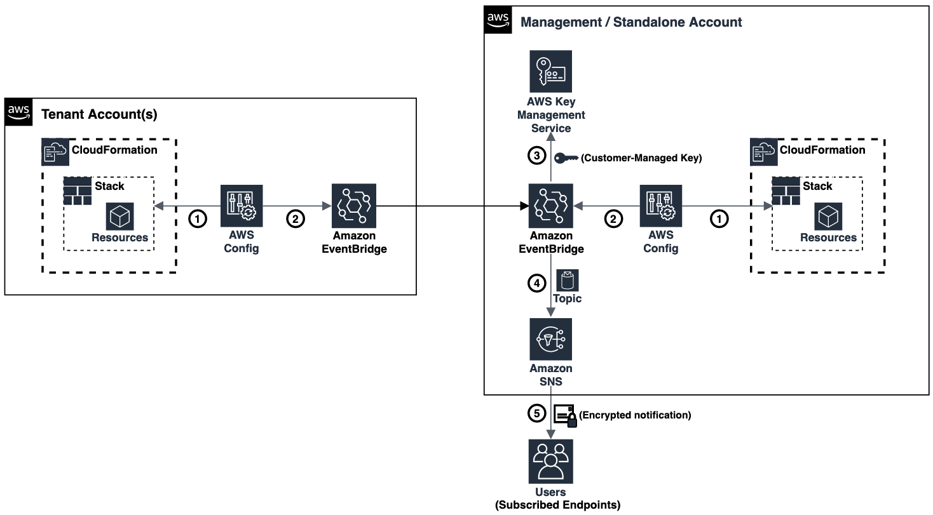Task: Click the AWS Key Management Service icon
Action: click(x=551, y=72)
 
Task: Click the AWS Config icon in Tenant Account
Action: click(x=242, y=206)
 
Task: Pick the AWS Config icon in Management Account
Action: click(x=660, y=206)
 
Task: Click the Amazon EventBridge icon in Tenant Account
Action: click(x=354, y=206)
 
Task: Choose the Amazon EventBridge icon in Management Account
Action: click(x=551, y=206)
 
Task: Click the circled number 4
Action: click(x=537, y=284)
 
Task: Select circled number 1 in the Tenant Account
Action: click(x=198, y=219)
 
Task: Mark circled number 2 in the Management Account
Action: click(x=613, y=219)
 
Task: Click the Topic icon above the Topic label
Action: click(x=567, y=280)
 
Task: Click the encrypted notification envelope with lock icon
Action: click(x=566, y=415)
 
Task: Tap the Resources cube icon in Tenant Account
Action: click(x=119, y=217)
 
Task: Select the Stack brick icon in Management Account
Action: click(x=786, y=191)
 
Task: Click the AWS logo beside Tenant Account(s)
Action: click(x=19, y=112)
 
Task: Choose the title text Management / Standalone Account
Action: click(x=631, y=22)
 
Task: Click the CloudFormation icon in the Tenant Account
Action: click(x=55, y=152)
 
